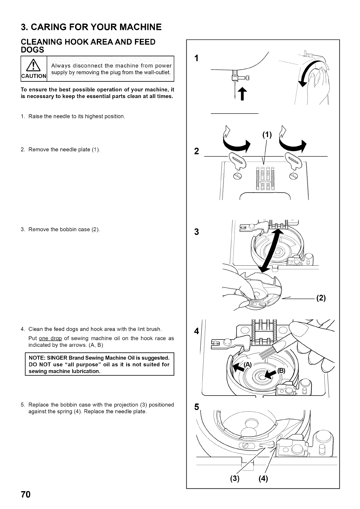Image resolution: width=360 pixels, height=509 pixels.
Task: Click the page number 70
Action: click(x=26, y=494)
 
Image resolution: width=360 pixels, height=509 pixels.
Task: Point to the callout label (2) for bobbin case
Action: click(x=321, y=298)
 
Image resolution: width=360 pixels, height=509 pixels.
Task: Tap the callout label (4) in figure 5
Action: click(x=263, y=479)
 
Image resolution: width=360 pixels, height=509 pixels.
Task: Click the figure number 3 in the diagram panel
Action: click(x=197, y=232)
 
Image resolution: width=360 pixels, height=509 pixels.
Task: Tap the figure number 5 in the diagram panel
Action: click(x=197, y=407)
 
